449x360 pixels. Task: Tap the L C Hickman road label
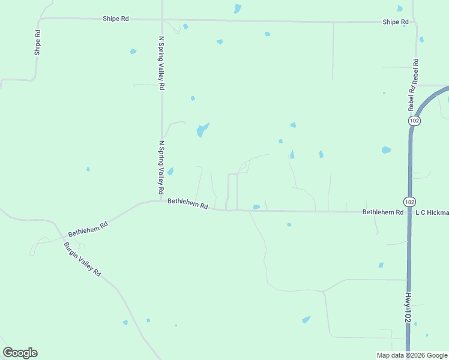coord(432,212)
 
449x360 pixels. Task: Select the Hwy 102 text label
coord(408,307)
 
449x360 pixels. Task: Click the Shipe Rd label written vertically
coord(37,43)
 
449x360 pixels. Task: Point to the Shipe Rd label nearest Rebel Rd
coord(396,22)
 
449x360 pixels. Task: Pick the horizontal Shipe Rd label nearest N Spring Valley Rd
coord(116,19)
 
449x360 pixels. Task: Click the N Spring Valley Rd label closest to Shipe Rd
coord(161,63)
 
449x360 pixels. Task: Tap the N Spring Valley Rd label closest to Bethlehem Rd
coord(161,167)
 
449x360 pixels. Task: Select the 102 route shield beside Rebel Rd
coord(414,121)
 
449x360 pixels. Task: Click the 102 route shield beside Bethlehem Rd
coord(409,201)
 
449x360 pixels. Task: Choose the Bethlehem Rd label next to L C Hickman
coord(382,212)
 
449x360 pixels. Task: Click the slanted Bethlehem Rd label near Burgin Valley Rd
coord(88,228)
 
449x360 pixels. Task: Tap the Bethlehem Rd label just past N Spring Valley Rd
coord(187,204)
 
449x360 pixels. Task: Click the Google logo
coord(20,353)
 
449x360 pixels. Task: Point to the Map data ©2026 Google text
coord(411,355)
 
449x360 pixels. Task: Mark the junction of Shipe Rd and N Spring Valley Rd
coord(161,19)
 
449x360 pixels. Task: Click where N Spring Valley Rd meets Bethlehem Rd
coord(161,201)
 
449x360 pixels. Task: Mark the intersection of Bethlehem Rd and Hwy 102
coord(409,212)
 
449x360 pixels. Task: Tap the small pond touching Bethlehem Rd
coord(256,208)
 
